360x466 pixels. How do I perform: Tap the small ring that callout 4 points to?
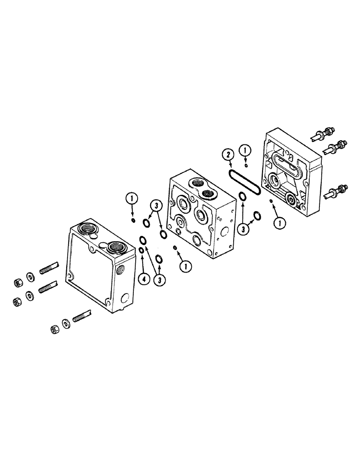click(141, 251)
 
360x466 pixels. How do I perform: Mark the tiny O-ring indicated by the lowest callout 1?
click(175, 247)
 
